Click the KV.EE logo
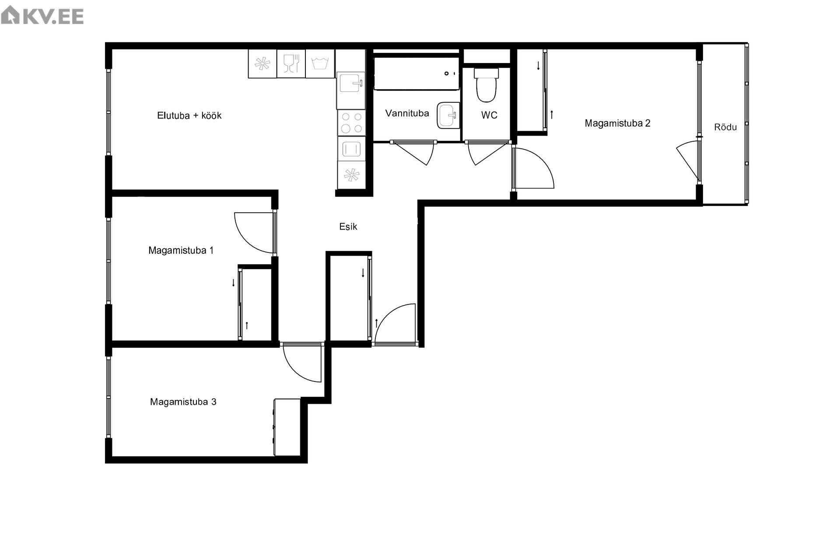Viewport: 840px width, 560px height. tap(42, 16)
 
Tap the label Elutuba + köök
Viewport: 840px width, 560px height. tap(189, 115)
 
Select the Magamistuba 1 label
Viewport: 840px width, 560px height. tap(181, 250)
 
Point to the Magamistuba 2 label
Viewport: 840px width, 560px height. tap(617, 123)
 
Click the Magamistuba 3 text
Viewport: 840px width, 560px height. tap(183, 402)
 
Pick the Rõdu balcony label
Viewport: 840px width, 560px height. tap(725, 127)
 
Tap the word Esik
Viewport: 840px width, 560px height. tap(348, 227)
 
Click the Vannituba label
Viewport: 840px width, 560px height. tap(407, 113)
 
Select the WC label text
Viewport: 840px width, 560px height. tap(489, 115)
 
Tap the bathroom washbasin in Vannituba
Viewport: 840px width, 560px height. tap(448, 115)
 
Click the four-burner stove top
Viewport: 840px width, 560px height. tap(351, 123)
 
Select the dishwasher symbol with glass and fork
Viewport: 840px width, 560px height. tap(291, 63)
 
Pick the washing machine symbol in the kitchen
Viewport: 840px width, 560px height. tap(320, 63)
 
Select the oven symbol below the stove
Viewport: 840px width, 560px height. tap(351, 149)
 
